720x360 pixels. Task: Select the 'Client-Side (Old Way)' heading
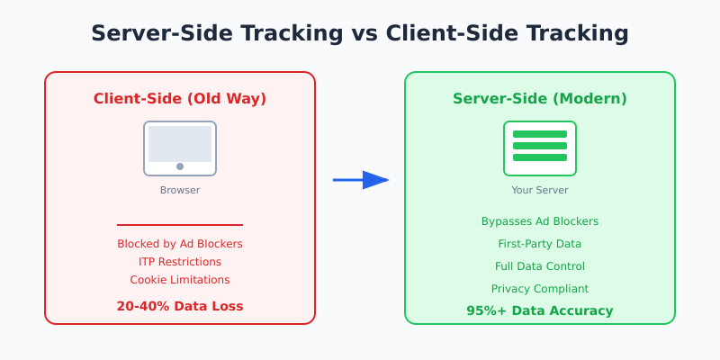coord(180,99)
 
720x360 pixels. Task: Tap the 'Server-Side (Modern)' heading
coord(540,99)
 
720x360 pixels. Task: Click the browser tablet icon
coord(180,148)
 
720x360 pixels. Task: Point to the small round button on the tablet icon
coord(180,166)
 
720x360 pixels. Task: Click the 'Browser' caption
coord(180,190)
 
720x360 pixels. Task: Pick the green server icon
coord(540,148)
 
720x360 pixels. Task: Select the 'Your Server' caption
coord(540,190)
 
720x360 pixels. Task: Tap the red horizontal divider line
coord(180,225)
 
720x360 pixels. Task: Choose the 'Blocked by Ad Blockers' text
coord(180,244)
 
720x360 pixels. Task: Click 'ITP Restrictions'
coord(180,262)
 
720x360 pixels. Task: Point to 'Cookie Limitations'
coord(180,280)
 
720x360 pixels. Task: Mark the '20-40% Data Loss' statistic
coord(180,306)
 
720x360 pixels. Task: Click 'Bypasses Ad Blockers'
coord(540,221)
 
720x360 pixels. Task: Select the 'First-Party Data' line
coord(540,244)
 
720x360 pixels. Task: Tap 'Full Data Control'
coord(540,266)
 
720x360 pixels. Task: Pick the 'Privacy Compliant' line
coord(540,289)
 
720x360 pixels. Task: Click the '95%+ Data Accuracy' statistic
coord(540,310)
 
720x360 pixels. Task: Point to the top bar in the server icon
coord(540,134)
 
